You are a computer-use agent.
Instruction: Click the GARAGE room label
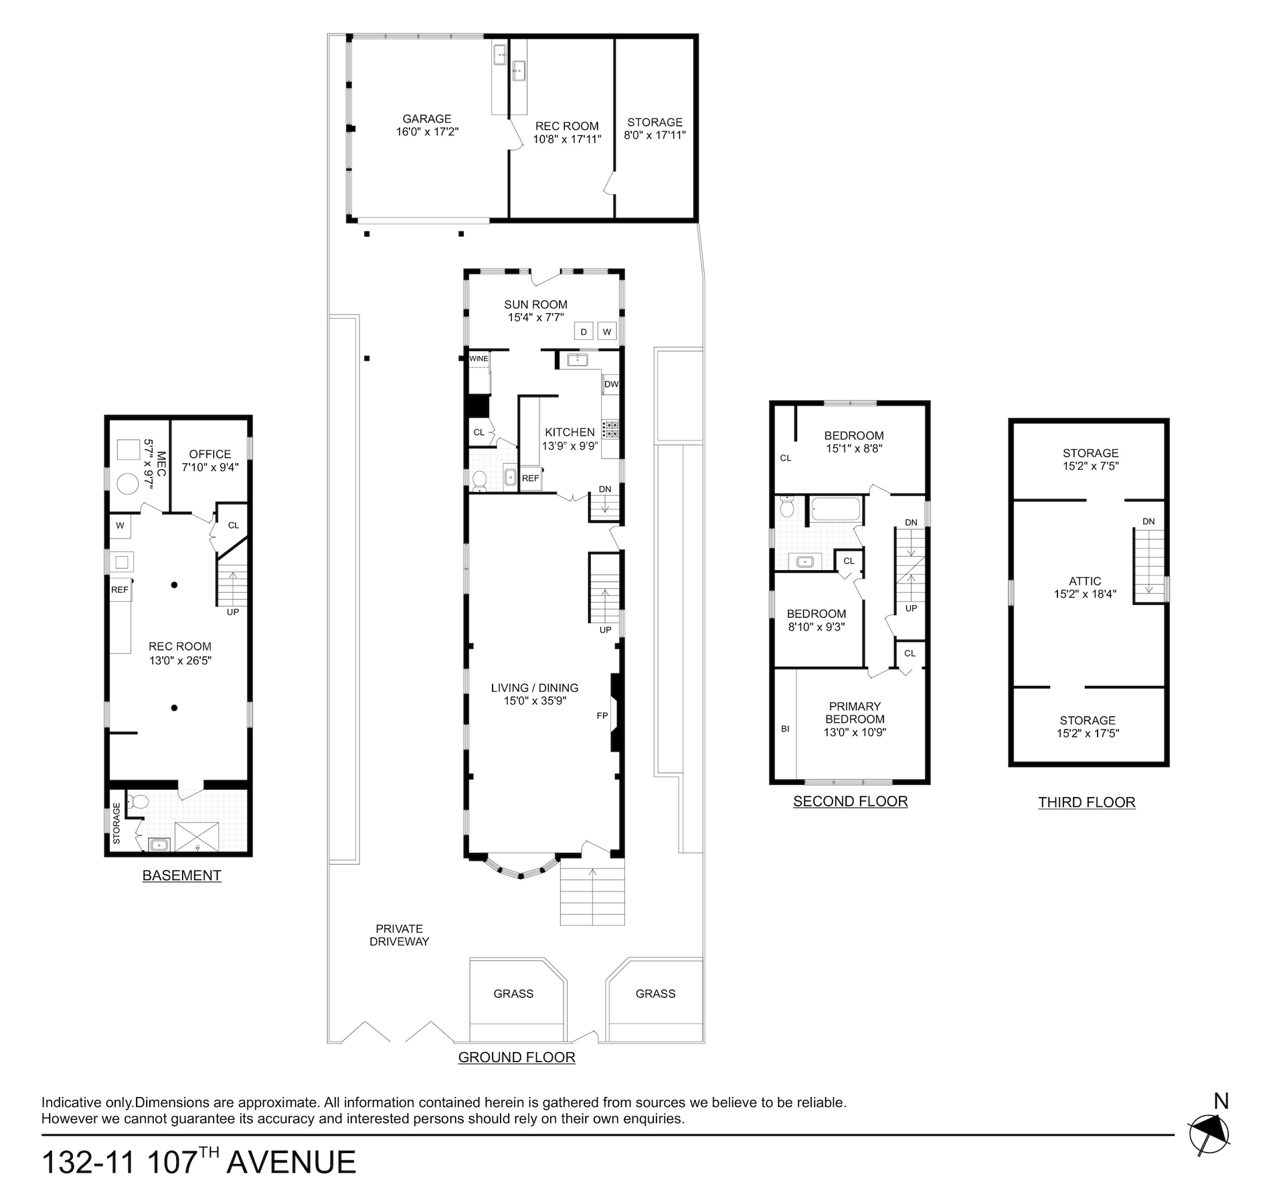click(x=427, y=119)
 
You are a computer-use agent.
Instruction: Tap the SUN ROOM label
click(x=535, y=305)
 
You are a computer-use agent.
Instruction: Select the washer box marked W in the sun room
click(x=607, y=331)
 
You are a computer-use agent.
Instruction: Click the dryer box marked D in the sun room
click(x=584, y=331)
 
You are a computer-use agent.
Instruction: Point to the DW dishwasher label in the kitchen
click(x=611, y=384)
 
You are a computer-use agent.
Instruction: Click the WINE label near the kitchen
click(x=479, y=359)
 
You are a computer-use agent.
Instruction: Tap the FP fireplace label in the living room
click(x=602, y=716)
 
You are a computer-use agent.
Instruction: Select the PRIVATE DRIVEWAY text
click(x=400, y=935)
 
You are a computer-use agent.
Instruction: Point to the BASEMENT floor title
click(x=181, y=875)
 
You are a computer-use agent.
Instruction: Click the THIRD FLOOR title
click(x=1087, y=802)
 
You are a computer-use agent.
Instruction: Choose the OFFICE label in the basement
click(x=210, y=454)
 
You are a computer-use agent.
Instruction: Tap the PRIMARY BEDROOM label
click(x=855, y=713)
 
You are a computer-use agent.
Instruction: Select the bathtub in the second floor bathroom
click(x=836, y=509)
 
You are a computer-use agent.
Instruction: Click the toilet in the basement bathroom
click(x=139, y=801)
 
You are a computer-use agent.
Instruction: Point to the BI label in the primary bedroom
click(x=785, y=729)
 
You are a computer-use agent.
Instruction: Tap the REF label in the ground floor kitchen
click(x=531, y=479)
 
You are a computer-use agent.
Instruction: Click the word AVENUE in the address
click(x=291, y=1163)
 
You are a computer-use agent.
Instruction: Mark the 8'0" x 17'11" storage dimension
click(x=655, y=135)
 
